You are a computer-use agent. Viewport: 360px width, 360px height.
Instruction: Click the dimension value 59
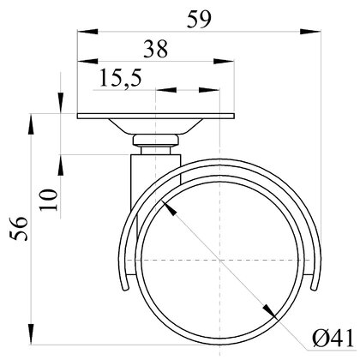tap(199, 20)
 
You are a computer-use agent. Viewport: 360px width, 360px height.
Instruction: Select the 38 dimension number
tap(156, 49)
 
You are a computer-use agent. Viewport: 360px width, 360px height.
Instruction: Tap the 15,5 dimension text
tap(120, 78)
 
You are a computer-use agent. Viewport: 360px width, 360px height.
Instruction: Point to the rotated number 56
tap(19, 229)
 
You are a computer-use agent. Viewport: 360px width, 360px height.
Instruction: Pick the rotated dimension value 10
tap(49, 200)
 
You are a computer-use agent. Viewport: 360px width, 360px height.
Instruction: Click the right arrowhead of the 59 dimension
tap(310, 32)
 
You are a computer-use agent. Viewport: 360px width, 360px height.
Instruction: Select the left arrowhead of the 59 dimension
tap(87, 32)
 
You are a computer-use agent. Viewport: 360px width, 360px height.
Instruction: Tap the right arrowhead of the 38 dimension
tap(224, 61)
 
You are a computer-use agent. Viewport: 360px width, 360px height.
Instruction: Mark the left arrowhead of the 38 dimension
tap(87, 61)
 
